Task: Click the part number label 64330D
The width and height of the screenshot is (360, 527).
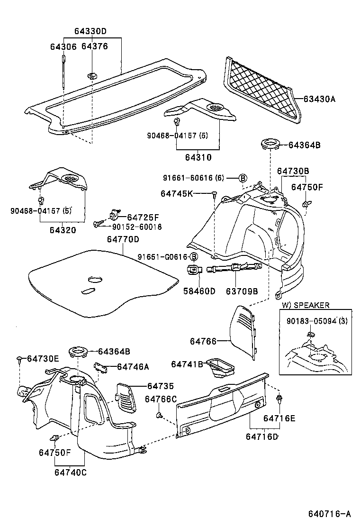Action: pos(90,31)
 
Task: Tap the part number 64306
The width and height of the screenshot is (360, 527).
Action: pos(63,46)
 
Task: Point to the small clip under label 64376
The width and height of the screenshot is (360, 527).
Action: pos(92,74)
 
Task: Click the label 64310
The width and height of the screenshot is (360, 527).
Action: pos(198,157)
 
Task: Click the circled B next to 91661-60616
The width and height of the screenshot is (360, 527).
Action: pos(243,178)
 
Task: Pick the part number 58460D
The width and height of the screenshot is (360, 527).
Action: pos(199,291)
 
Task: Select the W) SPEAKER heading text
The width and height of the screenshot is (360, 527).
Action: pos(306,305)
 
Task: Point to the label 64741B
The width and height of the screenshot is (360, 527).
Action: pos(187,363)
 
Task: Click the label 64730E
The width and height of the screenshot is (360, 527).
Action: pos(43,359)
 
